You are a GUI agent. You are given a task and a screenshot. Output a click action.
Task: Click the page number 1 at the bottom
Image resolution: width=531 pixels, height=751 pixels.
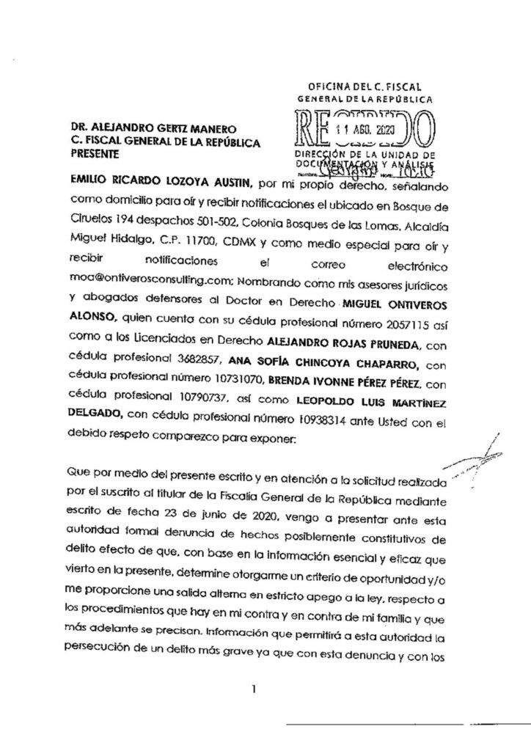click(252, 689)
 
